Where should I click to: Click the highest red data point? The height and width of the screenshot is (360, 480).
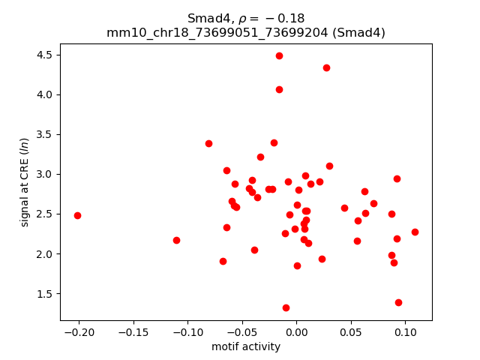(x=279, y=55)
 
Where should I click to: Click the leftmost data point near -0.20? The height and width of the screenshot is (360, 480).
(x=77, y=215)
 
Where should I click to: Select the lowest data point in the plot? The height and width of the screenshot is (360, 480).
(x=286, y=307)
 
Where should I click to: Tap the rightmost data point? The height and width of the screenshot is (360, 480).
(x=415, y=232)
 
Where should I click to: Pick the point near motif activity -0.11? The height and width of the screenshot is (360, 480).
(x=176, y=240)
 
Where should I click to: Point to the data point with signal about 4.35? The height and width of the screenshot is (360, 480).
(x=326, y=67)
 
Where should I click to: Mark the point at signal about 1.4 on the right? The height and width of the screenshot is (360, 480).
(x=398, y=302)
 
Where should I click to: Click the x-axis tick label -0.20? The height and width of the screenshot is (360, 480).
(x=79, y=331)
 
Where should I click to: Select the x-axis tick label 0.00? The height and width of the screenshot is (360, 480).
(x=296, y=331)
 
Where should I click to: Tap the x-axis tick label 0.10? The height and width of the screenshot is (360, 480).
(x=405, y=331)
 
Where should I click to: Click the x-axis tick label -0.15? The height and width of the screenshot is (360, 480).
(x=133, y=331)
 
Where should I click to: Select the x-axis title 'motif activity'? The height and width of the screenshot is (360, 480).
(x=246, y=346)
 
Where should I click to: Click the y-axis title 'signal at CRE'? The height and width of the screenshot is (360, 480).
(x=25, y=181)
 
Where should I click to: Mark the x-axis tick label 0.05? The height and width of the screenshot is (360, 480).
(x=350, y=331)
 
